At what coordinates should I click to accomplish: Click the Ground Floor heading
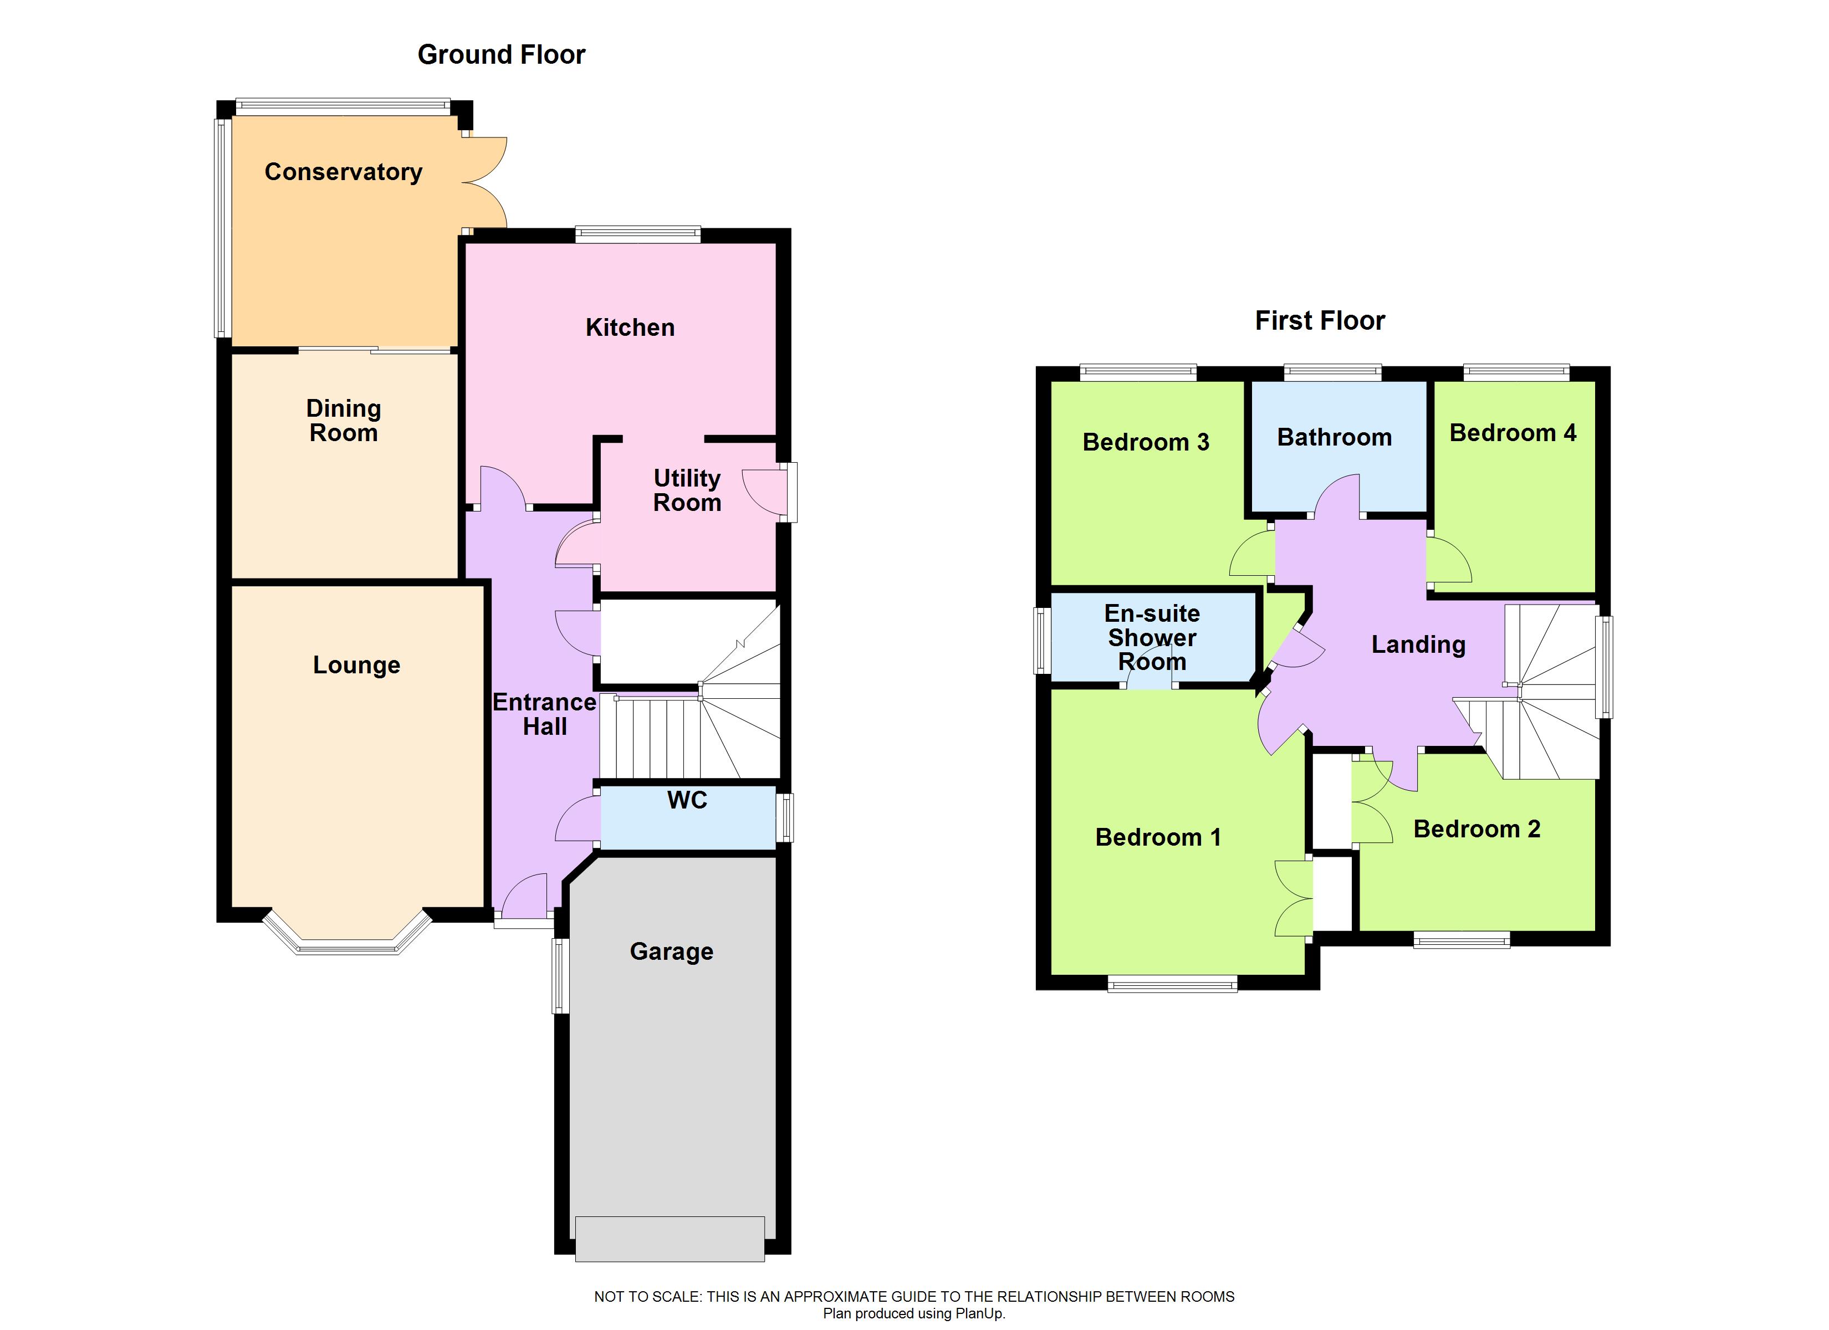(x=501, y=55)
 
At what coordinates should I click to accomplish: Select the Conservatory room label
(x=344, y=172)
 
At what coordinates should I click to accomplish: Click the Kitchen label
(x=630, y=328)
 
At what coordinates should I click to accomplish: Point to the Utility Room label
(x=687, y=490)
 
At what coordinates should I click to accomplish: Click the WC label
(x=687, y=800)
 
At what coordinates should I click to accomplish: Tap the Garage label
(x=671, y=952)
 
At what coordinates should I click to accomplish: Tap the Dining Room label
(x=344, y=421)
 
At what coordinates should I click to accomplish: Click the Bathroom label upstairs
(x=1334, y=438)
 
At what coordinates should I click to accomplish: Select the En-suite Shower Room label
(x=1152, y=638)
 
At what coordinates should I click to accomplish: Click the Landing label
(x=1418, y=644)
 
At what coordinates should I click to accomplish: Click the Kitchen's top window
(x=638, y=235)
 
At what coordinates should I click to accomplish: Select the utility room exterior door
(x=766, y=492)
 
